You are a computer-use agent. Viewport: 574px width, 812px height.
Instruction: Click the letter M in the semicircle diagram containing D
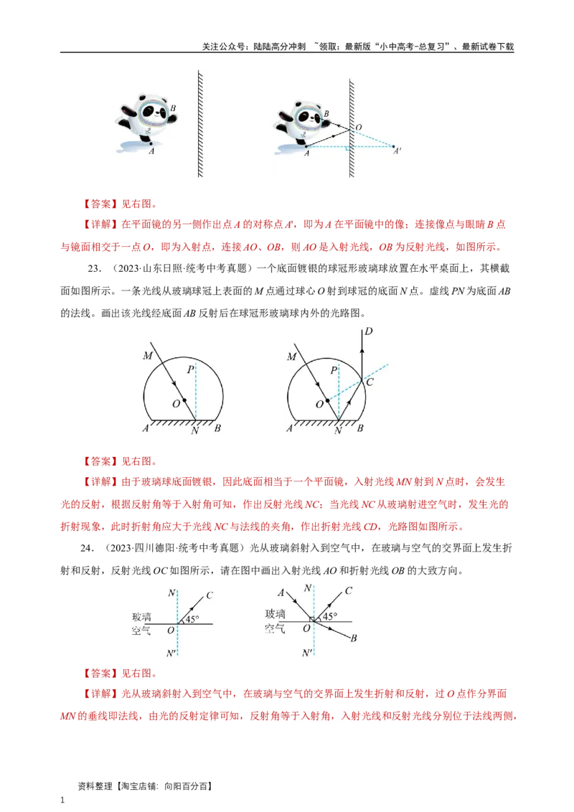pyautogui.click(x=291, y=356)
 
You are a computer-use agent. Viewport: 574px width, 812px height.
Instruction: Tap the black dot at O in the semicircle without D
pyautogui.click(x=184, y=400)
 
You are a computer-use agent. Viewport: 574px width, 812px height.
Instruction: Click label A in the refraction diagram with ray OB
pyautogui.click(x=281, y=593)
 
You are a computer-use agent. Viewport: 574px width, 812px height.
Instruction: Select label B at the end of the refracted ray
pyautogui.click(x=354, y=638)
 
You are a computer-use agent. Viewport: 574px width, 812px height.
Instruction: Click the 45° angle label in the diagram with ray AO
pyautogui.click(x=329, y=616)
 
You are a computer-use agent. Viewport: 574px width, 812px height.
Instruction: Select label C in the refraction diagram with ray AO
pyautogui.click(x=348, y=590)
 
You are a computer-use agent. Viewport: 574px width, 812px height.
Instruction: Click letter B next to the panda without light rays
pyautogui.click(x=172, y=110)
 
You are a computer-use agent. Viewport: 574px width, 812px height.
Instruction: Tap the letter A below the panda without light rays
pyautogui.click(x=151, y=151)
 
